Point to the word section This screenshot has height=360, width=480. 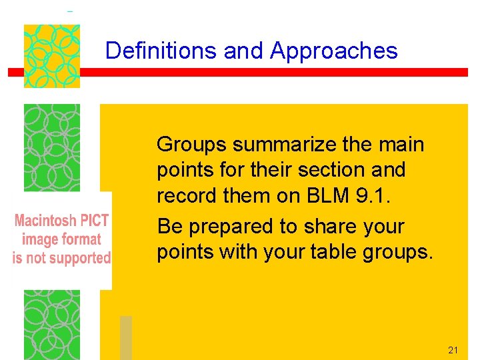point(331,170)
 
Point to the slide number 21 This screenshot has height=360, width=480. point(453,350)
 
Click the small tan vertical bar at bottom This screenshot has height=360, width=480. point(126,337)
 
